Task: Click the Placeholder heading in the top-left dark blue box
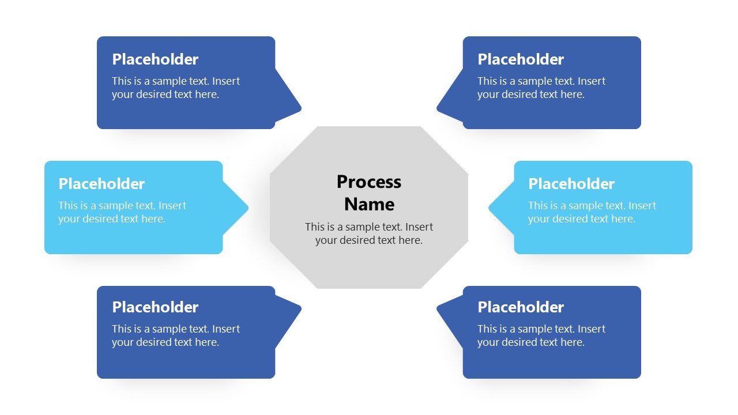[x=155, y=59]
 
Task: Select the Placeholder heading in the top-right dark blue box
[x=521, y=59]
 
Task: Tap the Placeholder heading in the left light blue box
[x=101, y=184]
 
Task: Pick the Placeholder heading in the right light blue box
[x=571, y=184]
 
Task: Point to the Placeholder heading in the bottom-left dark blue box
[x=155, y=307]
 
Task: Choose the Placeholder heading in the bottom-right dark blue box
[x=521, y=307]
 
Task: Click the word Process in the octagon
[x=369, y=182]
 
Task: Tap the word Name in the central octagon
[x=369, y=204]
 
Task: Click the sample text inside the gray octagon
[x=369, y=233]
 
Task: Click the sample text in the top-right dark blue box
[x=541, y=88]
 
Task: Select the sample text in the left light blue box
[x=122, y=212]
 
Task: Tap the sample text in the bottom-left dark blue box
[x=175, y=335]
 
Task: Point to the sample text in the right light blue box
[x=592, y=212]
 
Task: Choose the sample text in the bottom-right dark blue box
[x=541, y=335]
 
